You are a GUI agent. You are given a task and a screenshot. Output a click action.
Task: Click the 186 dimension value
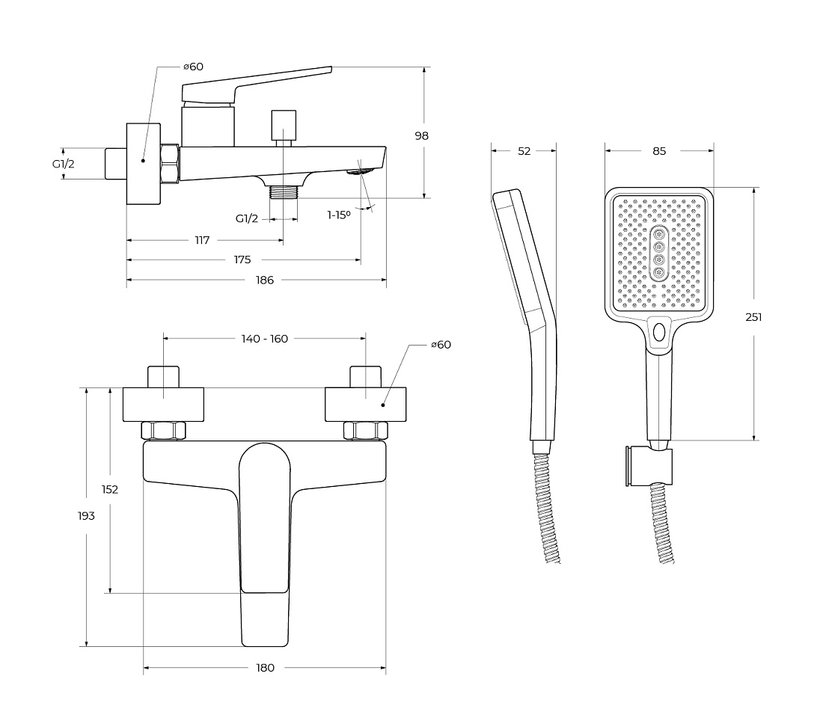pos(265,280)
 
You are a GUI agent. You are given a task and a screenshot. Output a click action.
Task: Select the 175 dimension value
pos(242,260)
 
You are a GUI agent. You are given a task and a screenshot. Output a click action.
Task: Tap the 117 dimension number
pos(202,240)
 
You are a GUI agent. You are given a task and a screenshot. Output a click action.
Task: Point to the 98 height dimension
pos(421,136)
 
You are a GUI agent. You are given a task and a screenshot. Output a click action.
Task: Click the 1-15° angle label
pos(338,215)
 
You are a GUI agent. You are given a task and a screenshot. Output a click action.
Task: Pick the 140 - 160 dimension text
pos(265,339)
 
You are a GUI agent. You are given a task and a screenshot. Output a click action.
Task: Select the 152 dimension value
pos(110,490)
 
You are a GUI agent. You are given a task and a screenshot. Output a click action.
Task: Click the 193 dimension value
pos(86,516)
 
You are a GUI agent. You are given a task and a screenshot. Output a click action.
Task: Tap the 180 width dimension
pos(265,668)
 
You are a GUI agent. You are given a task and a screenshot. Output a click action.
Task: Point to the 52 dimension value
pos(524,151)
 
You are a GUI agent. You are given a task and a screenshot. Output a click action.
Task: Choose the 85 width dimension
pos(659,151)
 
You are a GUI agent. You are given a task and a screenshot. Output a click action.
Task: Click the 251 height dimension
pos(753,317)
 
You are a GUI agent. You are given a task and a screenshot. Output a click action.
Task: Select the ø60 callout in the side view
pos(193,67)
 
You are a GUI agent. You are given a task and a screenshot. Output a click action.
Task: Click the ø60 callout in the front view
pos(441,345)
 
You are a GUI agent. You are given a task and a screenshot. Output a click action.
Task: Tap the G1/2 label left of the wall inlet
pos(63,164)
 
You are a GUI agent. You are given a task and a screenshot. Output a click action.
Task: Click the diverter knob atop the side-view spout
pos(284,125)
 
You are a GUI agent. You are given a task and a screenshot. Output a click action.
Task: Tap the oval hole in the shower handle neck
pos(658,331)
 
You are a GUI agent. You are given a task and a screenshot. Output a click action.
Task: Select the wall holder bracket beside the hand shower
pos(648,467)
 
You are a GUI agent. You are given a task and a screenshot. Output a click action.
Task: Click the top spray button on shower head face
pos(658,234)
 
